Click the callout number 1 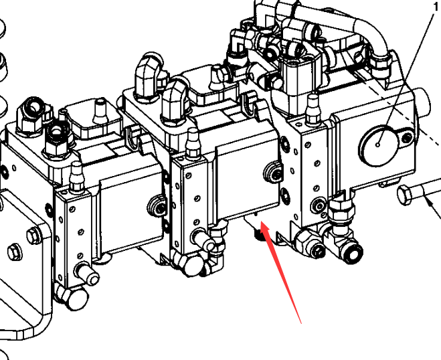point(436,7)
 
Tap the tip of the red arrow point(261,221)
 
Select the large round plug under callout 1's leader point(378,145)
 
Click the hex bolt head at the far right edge point(404,194)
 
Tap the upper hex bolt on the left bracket point(33,235)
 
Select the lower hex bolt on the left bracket point(15,252)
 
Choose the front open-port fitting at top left point(57,137)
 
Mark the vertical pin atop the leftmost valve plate point(76,177)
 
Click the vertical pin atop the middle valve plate point(192,143)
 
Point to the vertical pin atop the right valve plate point(313,110)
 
